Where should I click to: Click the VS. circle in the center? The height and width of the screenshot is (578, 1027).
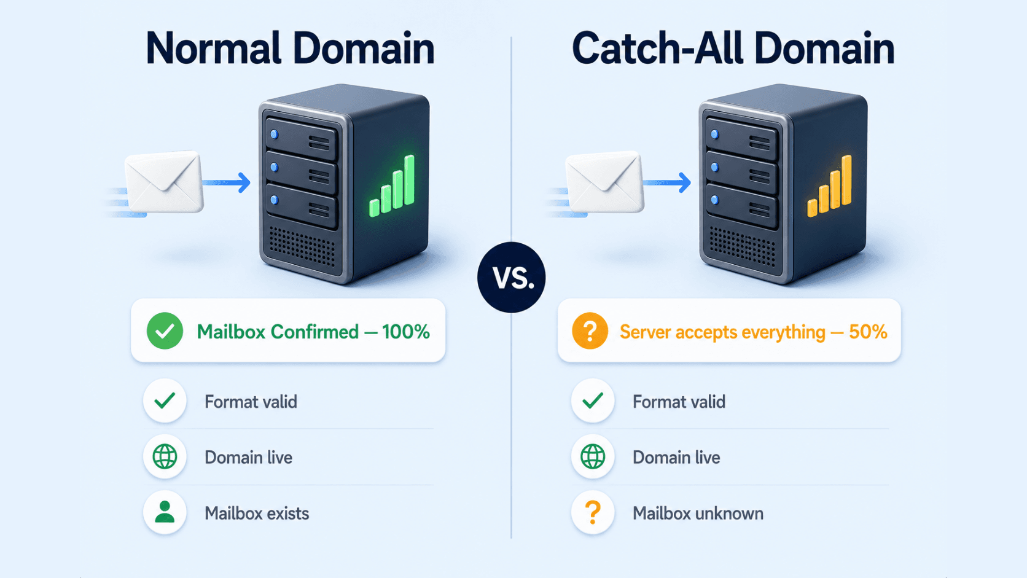(x=511, y=277)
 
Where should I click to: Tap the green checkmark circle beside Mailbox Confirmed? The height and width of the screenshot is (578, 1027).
(x=165, y=331)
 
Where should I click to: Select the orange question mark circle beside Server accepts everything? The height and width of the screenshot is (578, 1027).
(x=590, y=331)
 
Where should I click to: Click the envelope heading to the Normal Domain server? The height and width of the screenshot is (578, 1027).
(x=163, y=182)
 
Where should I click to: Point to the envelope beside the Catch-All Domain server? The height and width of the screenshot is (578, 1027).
(x=604, y=182)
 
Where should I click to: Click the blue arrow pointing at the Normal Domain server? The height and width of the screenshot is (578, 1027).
(x=227, y=182)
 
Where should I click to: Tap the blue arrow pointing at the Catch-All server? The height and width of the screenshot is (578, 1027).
(x=668, y=182)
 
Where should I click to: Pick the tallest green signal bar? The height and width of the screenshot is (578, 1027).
(x=410, y=180)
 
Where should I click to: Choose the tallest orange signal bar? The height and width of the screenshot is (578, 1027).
(x=846, y=180)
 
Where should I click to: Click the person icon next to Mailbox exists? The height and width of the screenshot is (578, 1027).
(x=165, y=512)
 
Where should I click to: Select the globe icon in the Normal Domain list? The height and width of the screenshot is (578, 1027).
(x=165, y=456)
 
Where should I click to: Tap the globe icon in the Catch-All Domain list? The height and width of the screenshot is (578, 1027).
(x=593, y=456)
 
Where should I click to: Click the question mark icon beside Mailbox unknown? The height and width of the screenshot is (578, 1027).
(x=593, y=512)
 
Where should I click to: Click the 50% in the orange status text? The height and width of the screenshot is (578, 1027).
(x=868, y=332)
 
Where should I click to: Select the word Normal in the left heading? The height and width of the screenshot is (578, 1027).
(x=213, y=49)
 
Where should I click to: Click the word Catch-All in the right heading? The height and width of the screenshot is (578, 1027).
(x=657, y=49)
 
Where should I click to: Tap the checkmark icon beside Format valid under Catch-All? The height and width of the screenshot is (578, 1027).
(x=593, y=400)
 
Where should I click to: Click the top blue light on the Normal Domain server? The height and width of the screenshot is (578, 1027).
(x=274, y=135)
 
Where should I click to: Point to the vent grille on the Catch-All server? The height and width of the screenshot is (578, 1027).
(x=743, y=246)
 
